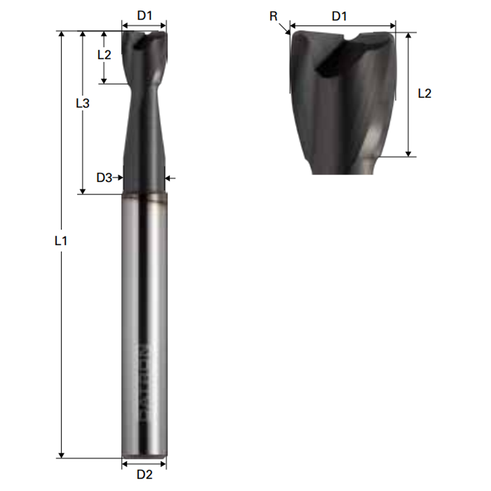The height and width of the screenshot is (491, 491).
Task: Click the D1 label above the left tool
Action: click(x=144, y=16)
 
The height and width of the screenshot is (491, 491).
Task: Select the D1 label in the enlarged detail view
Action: click(x=339, y=16)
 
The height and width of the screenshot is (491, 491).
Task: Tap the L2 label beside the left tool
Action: click(x=104, y=55)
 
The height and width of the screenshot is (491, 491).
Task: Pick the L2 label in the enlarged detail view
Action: click(x=424, y=93)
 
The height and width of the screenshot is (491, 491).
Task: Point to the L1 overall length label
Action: click(x=61, y=241)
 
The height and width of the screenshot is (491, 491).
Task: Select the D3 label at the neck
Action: click(x=104, y=178)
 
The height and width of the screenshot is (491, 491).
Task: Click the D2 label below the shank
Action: click(x=144, y=474)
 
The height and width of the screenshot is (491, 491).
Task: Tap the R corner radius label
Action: click(x=273, y=16)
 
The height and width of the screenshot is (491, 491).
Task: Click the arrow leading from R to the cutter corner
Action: click(x=284, y=29)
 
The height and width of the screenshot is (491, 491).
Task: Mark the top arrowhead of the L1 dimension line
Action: click(x=61, y=35)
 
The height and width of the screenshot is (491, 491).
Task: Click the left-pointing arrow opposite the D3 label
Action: click(x=169, y=178)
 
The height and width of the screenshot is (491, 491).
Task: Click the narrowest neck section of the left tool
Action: click(x=144, y=93)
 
